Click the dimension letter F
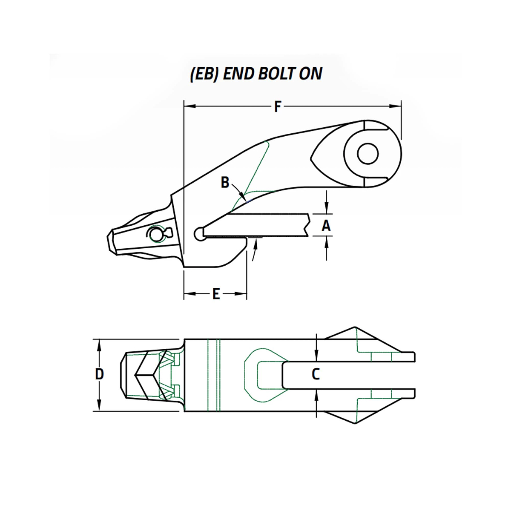[277, 106]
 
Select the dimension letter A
[326, 225]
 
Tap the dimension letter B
[225, 183]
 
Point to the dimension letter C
[316, 374]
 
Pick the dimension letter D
[99, 374]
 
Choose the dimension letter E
[216, 293]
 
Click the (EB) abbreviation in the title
[204, 74]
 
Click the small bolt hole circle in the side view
[368, 154]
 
